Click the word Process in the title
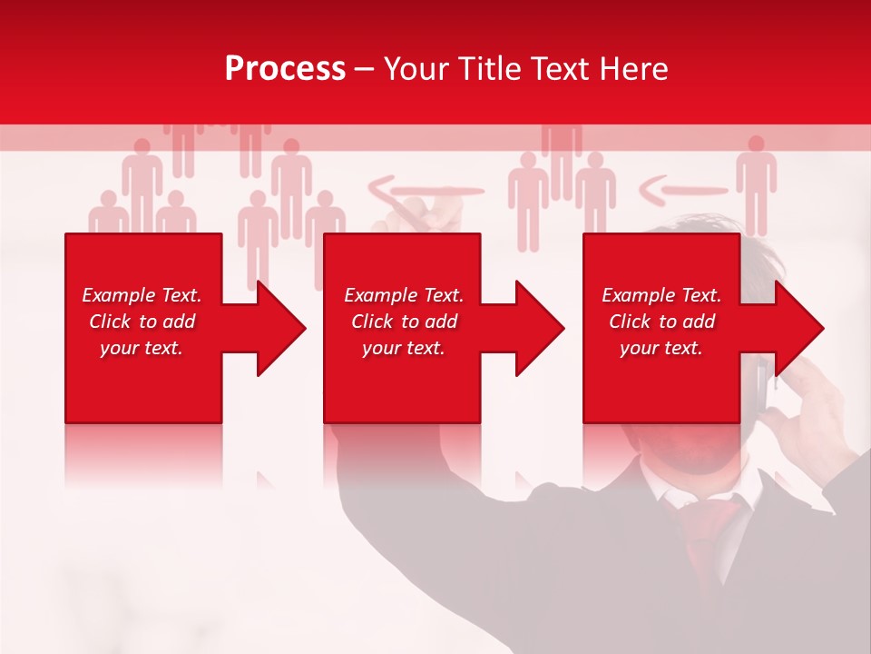(285, 69)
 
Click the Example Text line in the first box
(142, 295)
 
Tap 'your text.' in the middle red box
(403, 348)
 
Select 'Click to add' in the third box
(661, 322)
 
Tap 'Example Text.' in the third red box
(661, 295)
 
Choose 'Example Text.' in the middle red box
(403, 295)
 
